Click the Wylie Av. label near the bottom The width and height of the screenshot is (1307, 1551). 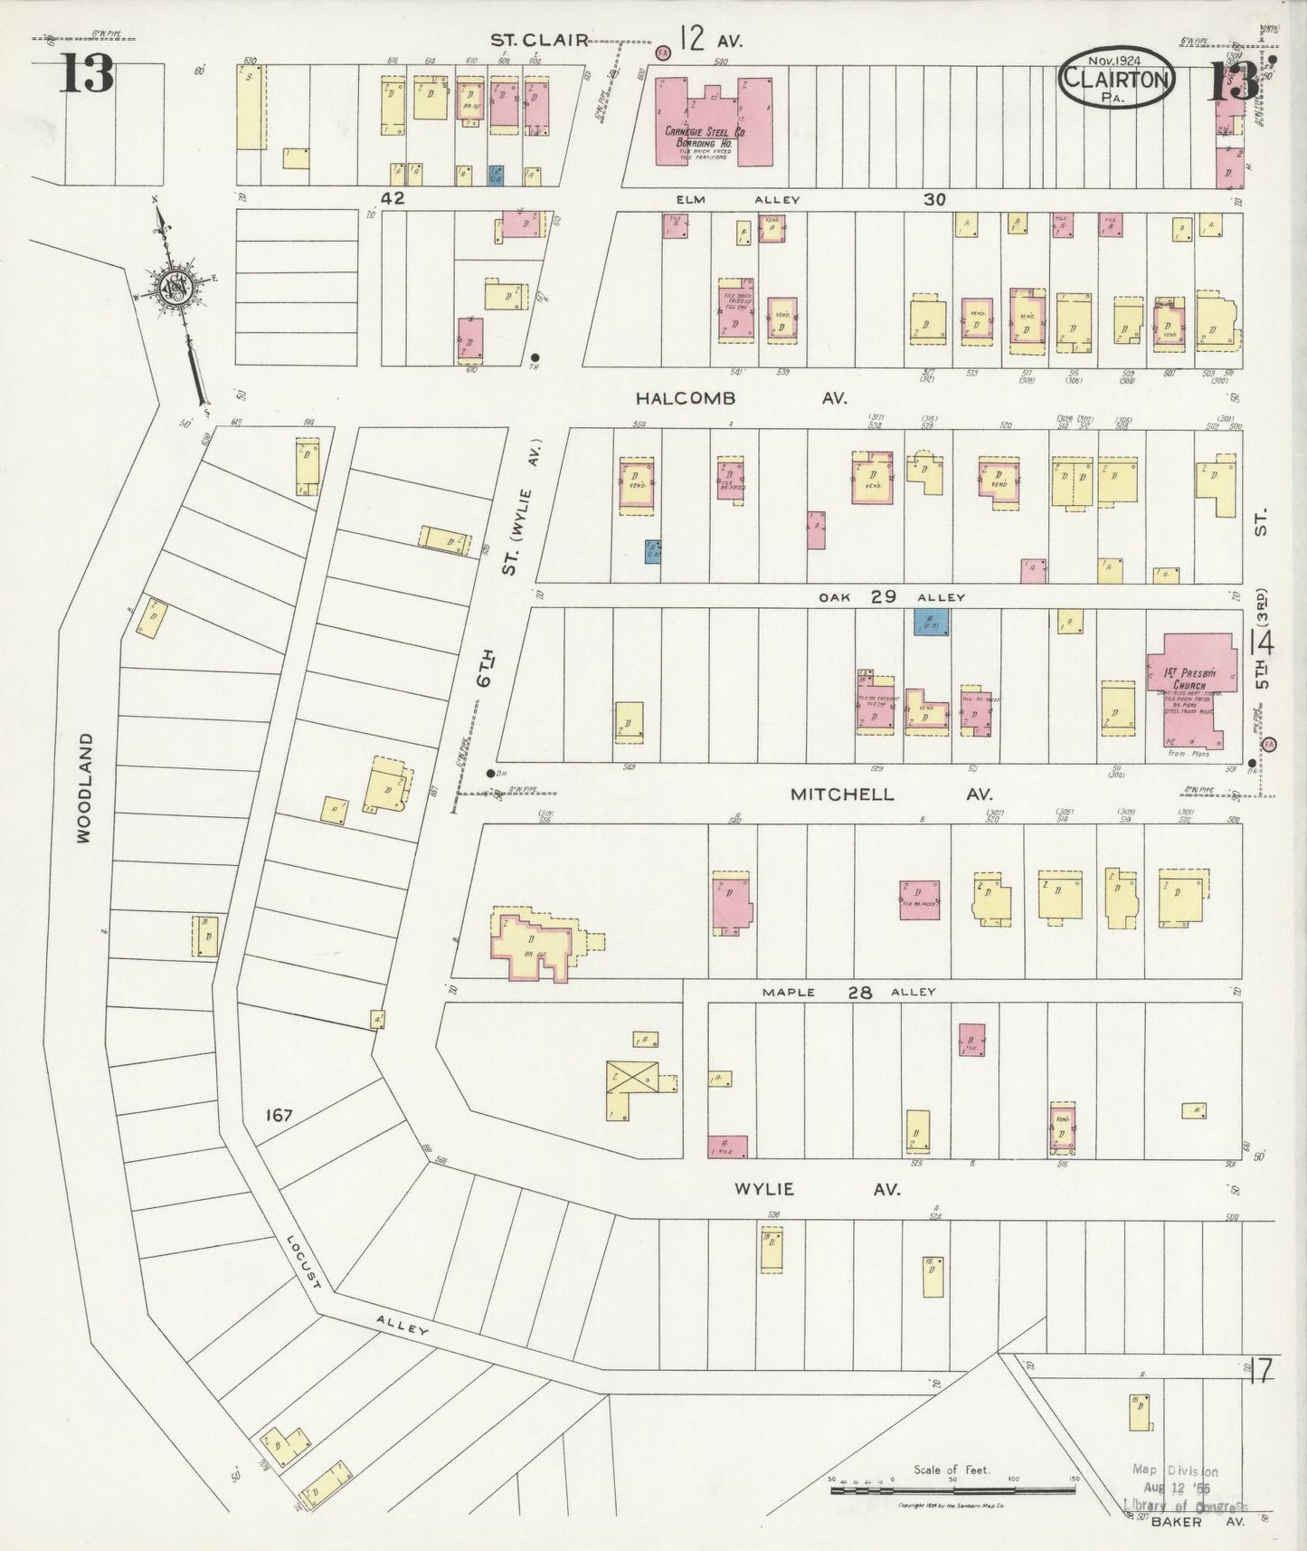pos(817,1188)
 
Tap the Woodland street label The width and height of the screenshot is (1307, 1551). pos(85,788)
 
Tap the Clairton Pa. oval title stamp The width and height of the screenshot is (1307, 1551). pos(1116,78)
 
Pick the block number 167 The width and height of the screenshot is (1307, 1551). pos(279,1115)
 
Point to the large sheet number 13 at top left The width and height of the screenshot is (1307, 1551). pos(87,73)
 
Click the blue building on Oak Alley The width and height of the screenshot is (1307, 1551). pos(931,621)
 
